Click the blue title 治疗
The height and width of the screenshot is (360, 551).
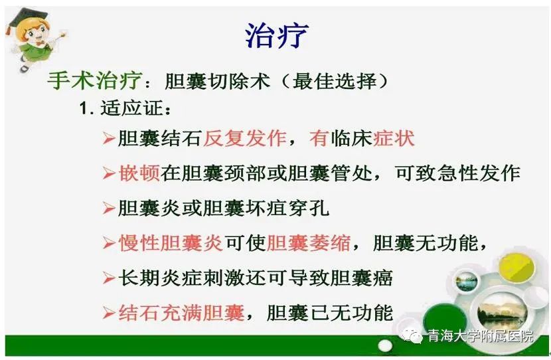tap(277, 35)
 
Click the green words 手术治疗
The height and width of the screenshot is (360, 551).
tap(94, 80)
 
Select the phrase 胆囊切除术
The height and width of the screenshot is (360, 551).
tap(217, 81)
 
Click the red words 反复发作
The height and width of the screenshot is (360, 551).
tap(245, 138)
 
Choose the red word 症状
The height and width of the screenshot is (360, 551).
tap(394, 138)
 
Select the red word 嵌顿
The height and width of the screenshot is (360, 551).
tap(139, 173)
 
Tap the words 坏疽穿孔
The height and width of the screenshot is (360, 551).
tap(287, 208)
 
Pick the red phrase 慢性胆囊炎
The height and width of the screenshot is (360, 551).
tap(171, 243)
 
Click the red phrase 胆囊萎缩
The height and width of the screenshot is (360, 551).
tap(309, 243)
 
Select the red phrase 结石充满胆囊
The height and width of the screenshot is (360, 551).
tap(181, 313)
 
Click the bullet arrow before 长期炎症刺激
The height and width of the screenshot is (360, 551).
tap(109, 278)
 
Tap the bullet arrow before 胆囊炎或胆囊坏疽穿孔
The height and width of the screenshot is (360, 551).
tap(109, 209)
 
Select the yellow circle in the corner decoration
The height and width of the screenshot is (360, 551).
tap(516, 268)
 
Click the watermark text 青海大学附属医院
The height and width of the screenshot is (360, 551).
tap(480, 336)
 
